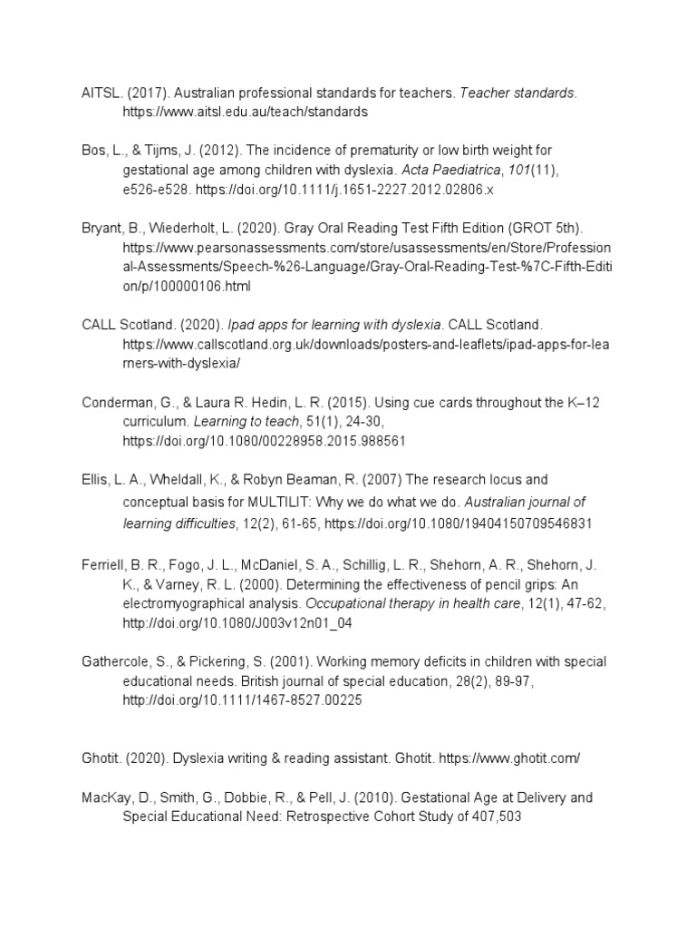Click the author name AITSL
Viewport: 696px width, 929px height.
[98, 93]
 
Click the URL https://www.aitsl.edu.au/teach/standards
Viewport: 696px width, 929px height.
[246, 112]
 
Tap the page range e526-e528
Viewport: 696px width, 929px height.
[158, 191]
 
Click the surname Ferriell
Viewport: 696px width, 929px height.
[103, 563]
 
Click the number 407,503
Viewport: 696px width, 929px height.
[494, 816]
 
